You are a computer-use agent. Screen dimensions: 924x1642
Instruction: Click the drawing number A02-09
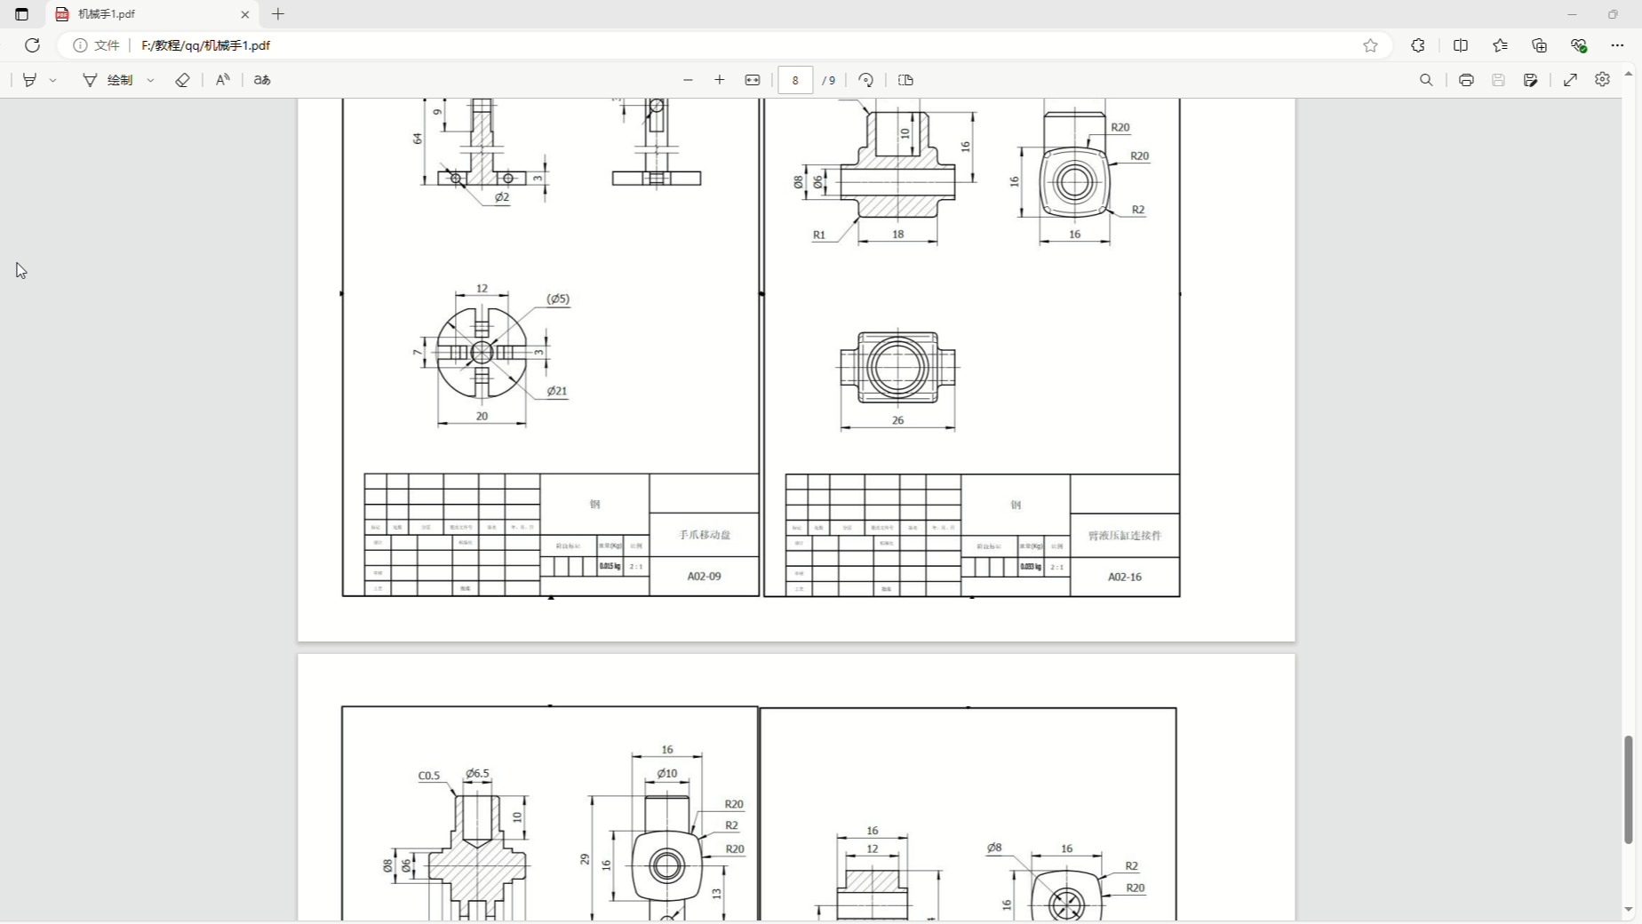[704, 577]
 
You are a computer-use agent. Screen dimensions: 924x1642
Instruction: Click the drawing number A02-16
[1124, 577]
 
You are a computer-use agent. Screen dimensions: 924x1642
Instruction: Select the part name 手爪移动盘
[705, 535]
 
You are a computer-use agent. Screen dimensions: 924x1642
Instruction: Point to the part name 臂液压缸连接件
[1124, 536]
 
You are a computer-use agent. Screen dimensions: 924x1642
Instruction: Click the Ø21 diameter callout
[556, 391]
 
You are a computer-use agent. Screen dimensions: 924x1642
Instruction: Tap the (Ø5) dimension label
[558, 299]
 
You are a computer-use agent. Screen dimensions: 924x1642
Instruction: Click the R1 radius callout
[819, 235]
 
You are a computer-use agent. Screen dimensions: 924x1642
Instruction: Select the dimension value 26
[897, 420]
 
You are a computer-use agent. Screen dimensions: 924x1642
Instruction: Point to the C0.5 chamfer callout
[429, 776]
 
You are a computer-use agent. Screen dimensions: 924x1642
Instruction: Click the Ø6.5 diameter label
[478, 774]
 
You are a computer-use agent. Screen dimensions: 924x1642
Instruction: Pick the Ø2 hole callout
[502, 197]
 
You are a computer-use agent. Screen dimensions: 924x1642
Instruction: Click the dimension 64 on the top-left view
[418, 139]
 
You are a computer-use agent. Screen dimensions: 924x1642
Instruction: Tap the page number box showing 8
[795, 80]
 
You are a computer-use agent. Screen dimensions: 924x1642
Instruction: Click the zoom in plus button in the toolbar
[720, 80]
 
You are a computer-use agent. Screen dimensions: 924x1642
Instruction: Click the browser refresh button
[32, 45]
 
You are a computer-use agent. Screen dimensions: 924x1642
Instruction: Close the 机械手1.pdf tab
[245, 14]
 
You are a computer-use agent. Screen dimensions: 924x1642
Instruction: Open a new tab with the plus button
[278, 14]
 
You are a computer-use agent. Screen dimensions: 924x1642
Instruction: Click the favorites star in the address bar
[1370, 45]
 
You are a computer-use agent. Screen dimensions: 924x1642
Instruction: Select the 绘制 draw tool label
[120, 80]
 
